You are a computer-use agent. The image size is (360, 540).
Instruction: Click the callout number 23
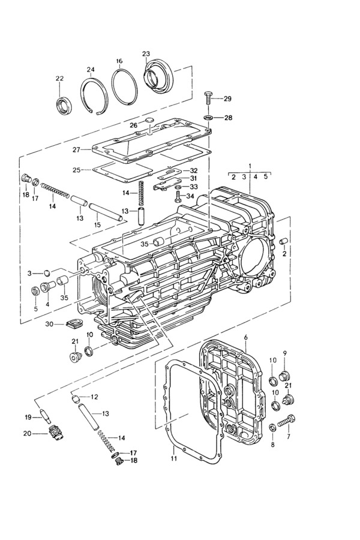coord(146,54)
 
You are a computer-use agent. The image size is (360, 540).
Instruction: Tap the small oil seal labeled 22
coord(62,105)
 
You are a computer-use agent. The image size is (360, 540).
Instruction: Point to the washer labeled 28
coord(208,118)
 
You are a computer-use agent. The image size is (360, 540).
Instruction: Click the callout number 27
coord(77,150)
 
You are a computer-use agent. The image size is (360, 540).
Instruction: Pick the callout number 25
coord(77,170)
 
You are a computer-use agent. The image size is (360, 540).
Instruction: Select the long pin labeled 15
coord(105,213)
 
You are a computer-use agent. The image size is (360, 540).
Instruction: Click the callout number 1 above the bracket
coord(250,166)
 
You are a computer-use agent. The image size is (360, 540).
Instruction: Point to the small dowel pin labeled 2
coord(283,241)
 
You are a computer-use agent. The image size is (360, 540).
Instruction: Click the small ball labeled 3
coord(47,273)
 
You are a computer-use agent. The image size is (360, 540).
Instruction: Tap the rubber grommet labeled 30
coord(72,323)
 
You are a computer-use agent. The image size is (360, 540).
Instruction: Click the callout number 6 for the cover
coord(245,336)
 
